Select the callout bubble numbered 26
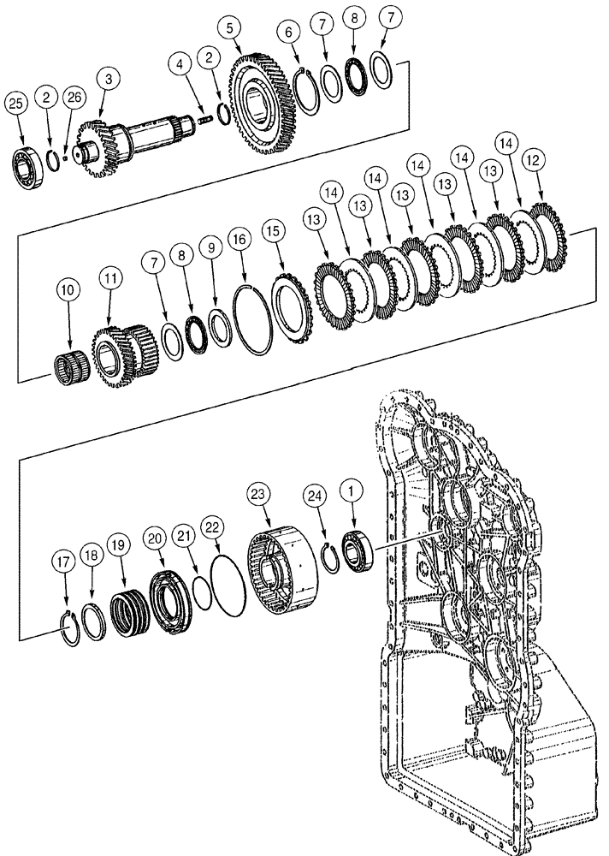(x=74, y=98)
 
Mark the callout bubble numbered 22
(x=211, y=525)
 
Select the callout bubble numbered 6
(x=289, y=32)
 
